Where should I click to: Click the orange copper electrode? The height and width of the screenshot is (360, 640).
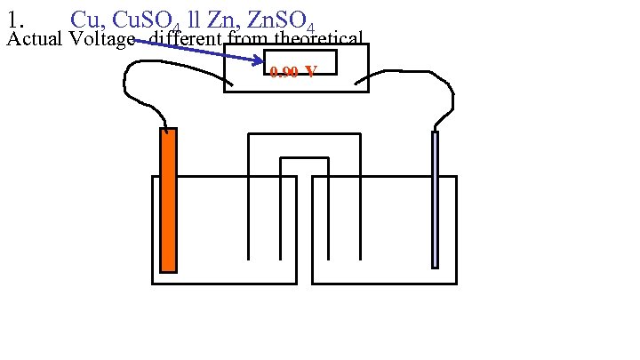(168, 200)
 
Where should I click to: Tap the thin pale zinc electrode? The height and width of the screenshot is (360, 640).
(435, 199)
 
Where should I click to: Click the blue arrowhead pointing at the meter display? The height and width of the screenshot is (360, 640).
(259, 60)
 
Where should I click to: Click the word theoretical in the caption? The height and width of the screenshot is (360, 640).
(318, 38)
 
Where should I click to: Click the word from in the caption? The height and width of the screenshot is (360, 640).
(247, 38)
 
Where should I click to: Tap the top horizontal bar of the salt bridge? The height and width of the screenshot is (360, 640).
(304, 134)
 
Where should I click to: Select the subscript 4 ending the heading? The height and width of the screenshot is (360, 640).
(309, 26)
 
